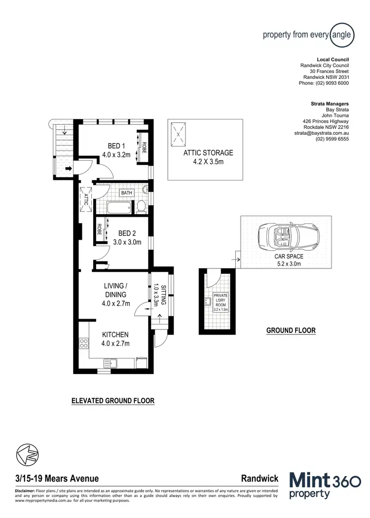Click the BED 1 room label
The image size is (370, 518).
click(116, 146)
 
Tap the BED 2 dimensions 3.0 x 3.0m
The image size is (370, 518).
click(127, 242)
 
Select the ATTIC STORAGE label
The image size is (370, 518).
click(208, 153)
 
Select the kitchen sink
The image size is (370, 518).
click(110, 364)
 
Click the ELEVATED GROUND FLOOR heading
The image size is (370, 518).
click(113, 401)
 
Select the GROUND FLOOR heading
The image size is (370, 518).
click(291, 331)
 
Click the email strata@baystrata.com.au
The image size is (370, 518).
click(322, 133)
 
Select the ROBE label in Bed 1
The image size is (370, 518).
click(145, 147)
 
